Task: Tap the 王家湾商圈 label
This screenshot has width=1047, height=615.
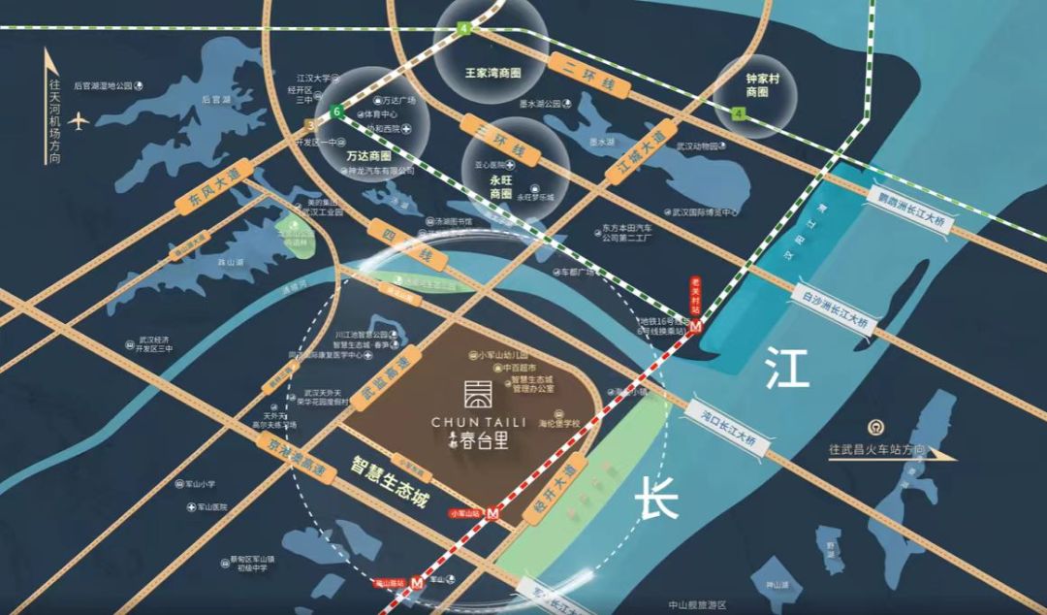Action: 492,73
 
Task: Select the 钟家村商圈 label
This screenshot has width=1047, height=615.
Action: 757,85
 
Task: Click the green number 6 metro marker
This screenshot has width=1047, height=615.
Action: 336,112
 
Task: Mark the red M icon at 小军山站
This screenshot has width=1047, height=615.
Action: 493,512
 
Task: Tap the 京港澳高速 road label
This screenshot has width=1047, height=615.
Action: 298,456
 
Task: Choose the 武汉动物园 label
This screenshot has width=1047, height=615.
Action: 698,147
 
